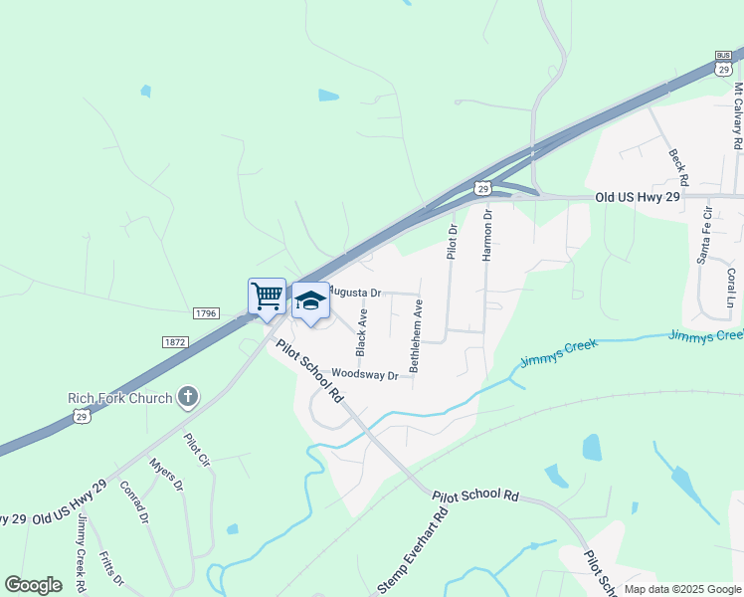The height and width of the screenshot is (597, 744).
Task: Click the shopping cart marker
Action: click(267, 297)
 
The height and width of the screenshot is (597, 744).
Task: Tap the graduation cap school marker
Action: click(310, 300)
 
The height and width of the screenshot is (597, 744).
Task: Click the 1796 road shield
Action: click(206, 313)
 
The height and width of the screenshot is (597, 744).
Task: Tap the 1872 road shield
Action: click(173, 341)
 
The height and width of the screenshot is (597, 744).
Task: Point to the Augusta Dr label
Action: click(355, 293)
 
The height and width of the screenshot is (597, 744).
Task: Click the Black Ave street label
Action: click(362, 332)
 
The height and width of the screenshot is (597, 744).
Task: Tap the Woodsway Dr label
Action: click(365, 374)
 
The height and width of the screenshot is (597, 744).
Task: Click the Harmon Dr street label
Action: click(487, 235)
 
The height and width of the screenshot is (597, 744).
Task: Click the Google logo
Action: click(33, 585)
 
